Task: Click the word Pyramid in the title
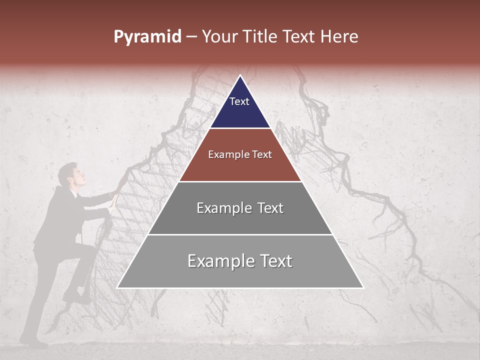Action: point(147,37)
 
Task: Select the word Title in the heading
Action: point(260,37)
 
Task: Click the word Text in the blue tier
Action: point(239,101)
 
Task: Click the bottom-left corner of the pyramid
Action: point(117,287)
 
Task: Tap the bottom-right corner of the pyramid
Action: point(363,287)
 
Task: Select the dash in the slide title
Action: point(191,37)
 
